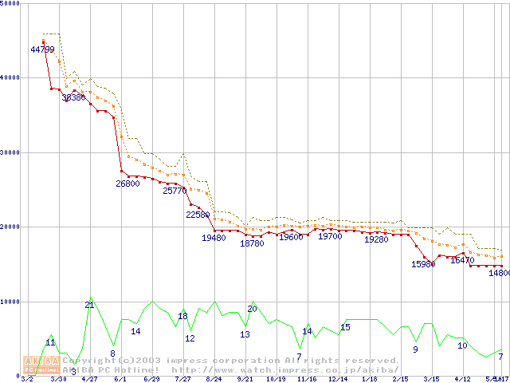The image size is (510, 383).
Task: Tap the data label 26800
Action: coord(127,184)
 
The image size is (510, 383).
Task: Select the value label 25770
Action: coord(175,191)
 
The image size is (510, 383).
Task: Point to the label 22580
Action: coord(198,215)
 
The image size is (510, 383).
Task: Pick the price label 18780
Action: coord(252,244)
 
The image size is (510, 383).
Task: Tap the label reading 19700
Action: coord(330,237)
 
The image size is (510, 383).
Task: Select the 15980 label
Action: coord(423,264)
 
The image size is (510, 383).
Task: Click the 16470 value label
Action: coord(462,260)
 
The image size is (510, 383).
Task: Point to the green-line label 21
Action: coord(89,305)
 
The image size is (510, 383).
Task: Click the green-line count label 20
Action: coord(252,308)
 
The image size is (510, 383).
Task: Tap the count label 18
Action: coord(182,316)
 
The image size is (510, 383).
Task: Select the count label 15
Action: coord(345,327)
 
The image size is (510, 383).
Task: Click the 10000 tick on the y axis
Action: coord(11,302)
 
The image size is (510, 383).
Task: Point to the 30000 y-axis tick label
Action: coord(11,152)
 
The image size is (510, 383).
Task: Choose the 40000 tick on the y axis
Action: coord(11,77)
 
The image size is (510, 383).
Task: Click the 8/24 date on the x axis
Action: coord(214,379)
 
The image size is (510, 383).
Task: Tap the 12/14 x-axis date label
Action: coord(338,379)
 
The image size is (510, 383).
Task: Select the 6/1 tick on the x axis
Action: coord(120,379)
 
